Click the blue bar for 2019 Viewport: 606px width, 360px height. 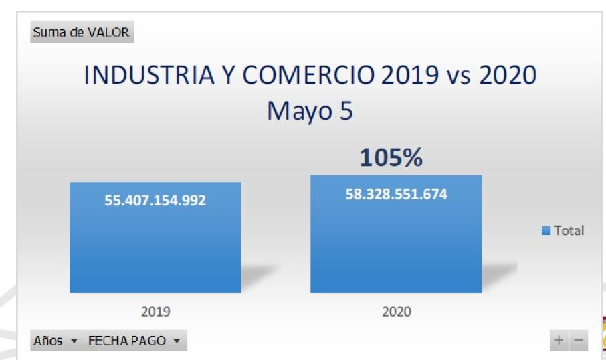point(155,248)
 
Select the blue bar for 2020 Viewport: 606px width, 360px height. point(396,248)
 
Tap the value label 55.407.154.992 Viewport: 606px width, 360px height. point(155,200)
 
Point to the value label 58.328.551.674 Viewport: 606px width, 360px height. point(397,195)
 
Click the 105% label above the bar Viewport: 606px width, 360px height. point(391,158)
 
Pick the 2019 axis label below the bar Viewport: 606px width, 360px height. point(155,312)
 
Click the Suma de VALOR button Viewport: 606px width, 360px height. point(82,32)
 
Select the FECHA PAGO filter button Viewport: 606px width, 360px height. point(134,341)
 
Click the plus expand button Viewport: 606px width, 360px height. point(558,341)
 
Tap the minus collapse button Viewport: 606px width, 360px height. point(578,341)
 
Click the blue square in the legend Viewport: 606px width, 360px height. point(546,231)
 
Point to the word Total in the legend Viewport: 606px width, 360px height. point(569,231)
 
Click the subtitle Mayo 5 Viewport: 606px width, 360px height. point(310,111)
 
